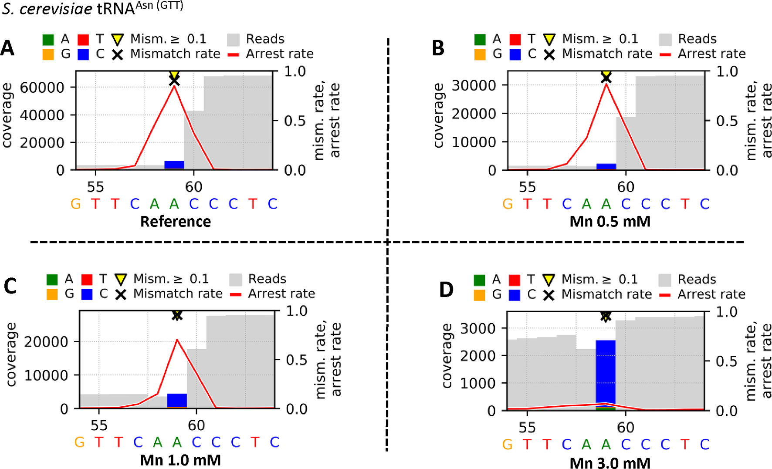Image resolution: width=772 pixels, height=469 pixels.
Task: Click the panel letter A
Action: [x=8, y=48]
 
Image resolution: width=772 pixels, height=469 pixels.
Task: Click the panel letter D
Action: [x=447, y=290]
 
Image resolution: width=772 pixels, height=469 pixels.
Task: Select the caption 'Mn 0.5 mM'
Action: [x=610, y=222]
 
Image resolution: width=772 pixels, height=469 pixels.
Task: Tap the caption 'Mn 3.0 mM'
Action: [x=610, y=462]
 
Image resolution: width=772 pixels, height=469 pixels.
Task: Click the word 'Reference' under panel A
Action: [x=176, y=222]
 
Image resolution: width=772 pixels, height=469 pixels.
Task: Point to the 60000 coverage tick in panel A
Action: [x=42, y=88]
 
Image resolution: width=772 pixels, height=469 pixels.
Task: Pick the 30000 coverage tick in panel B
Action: [x=474, y=85]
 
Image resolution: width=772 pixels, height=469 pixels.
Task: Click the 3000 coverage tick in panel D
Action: [x=478, y=328]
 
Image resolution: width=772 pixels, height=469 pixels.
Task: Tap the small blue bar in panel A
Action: [x=174, y=165]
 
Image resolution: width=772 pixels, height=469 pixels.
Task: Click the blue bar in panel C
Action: [x=177, y=400]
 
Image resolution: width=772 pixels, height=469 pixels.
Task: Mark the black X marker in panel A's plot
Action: [x=174, y=81]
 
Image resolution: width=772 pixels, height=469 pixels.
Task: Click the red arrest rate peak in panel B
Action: [x=606, y=84]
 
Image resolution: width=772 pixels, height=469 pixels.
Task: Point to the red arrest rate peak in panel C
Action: [x=177, y=340]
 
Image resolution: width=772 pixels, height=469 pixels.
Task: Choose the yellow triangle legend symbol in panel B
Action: [x=549, y=40]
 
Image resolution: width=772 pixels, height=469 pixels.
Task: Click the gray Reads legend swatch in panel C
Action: [x=236, y=280]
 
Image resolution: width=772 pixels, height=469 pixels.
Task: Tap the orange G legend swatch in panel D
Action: [x=479, y=295]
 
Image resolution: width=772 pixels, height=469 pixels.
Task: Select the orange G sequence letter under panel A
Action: [x=75, y=204]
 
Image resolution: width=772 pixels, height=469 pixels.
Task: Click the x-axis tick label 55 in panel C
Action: [x=99, y=425]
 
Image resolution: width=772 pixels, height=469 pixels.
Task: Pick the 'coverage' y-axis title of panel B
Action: [x=439, y=115]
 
